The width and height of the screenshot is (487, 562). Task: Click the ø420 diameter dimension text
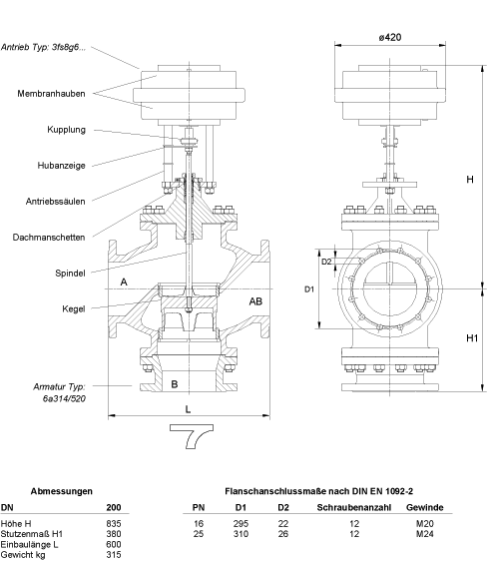pos(390,37)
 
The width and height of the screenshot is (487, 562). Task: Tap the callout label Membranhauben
pos(51,94)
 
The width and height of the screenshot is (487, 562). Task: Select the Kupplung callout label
pos(66,130)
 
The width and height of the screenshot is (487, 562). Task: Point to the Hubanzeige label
pos(61,166)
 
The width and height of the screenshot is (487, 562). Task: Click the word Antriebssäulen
pos(56,202)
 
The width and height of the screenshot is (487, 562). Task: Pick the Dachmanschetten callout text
pos(49,238)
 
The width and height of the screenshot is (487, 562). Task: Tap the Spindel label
pos(70,274)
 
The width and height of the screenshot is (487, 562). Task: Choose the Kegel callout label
pos(74,309)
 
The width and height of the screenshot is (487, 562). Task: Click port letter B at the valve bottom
pos(175,384)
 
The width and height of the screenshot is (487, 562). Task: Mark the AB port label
pos(255,301)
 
